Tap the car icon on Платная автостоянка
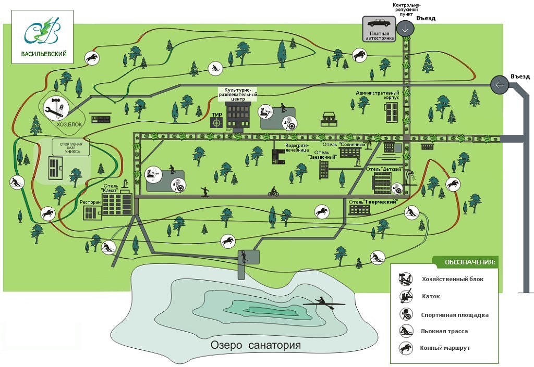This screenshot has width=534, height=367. point(378,23)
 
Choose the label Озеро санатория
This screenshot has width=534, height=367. point(256,345)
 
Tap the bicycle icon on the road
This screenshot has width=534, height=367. point(273,192)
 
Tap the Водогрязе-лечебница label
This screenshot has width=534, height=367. point(297,147)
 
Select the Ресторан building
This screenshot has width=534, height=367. point(91,212)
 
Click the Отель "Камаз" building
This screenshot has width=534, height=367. point(117,204)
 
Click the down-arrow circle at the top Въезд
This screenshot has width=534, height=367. point(405,29)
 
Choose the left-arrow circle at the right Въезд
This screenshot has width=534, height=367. point(499,85)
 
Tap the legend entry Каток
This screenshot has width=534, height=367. point(431,297)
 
